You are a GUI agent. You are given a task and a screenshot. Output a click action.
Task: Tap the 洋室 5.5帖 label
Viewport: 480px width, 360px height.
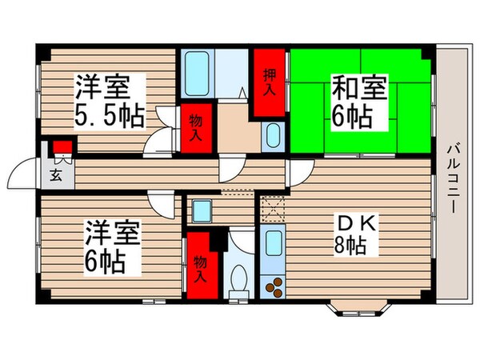tap(110, 101)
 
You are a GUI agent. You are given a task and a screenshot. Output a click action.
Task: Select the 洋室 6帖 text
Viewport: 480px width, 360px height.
tap(115, 247)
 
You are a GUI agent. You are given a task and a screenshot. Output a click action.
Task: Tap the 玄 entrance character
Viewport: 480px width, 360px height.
tap(56, 176)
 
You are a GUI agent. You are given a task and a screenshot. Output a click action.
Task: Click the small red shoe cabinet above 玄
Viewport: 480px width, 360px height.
tap(62, 147)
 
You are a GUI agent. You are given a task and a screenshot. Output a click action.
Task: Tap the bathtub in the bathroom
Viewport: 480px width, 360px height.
tap(197, 74)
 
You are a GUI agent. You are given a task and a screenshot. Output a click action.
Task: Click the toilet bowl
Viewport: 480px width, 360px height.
tap(238, 279)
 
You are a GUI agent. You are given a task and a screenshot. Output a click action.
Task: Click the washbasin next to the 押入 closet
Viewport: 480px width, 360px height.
tap(272, 136)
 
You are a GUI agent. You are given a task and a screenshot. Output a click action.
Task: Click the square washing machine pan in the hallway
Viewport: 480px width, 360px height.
tap(201, 212)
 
